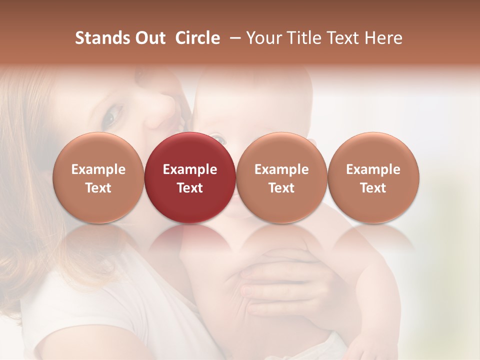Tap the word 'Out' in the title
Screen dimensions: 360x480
click(148, 38)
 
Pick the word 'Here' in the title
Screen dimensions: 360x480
click(385, 38)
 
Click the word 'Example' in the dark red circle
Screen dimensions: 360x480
click(189, 169)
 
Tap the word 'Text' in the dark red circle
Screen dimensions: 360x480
click(189, 188)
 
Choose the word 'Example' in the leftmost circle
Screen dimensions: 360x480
click(98, 169)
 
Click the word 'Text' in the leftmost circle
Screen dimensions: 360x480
click(98, 188)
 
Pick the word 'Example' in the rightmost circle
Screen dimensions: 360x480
click(373, 169)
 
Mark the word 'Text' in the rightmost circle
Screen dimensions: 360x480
click(373, 188)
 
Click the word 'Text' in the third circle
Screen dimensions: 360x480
click(281, 188)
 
